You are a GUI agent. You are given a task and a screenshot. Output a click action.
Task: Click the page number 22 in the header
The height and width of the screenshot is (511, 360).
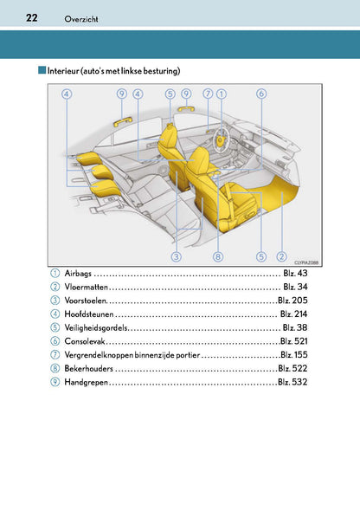[31, 17]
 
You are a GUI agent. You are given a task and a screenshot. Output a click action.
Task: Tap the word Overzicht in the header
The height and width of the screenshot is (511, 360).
[81, 19]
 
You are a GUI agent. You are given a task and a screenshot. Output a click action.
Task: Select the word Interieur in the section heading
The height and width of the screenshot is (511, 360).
[63, 71]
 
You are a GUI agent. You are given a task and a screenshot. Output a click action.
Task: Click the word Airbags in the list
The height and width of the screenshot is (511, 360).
[78, 273]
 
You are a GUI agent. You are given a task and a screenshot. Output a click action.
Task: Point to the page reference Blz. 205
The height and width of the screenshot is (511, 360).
[292, 301]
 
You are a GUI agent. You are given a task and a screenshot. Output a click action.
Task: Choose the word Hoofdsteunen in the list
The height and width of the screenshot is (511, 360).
[89, 314]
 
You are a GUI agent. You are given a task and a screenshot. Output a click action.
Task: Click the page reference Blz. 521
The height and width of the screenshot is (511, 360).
[293, 341]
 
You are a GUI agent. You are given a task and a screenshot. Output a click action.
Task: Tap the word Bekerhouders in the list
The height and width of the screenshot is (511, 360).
[88, 368]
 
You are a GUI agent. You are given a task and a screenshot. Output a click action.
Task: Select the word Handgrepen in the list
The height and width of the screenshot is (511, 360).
[86, 382]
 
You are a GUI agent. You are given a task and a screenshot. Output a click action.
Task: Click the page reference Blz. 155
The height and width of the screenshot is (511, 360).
[293, 354]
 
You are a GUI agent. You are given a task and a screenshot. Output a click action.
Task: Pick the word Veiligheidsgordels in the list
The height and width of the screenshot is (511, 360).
[96, 327]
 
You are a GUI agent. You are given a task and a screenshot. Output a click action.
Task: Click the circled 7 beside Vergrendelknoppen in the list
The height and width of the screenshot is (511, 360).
[55, 354]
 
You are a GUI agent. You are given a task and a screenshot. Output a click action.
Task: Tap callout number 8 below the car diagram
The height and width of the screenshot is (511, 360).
[218, 256]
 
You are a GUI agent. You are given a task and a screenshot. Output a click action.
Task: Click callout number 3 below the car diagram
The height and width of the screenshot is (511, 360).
[176, 256]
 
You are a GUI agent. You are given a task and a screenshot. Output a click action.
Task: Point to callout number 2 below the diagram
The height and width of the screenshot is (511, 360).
[281, 256]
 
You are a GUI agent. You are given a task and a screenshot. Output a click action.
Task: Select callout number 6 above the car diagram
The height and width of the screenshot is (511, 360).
[261, 94]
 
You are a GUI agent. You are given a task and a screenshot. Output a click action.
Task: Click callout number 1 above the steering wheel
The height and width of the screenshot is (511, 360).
[222, 94]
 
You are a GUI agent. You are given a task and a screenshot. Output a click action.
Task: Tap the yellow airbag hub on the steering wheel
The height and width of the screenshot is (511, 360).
[222, 140]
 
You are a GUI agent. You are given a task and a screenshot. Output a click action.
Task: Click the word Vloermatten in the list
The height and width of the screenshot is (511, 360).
[87, 287]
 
